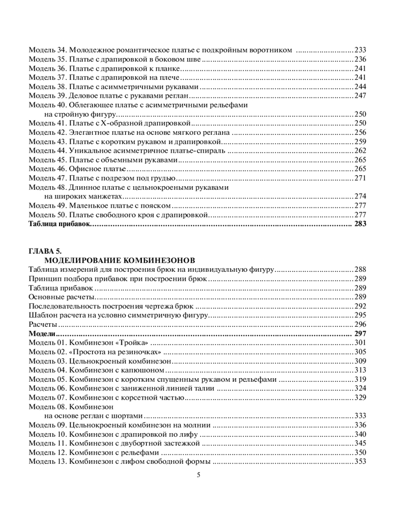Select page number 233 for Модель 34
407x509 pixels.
pos(360,50)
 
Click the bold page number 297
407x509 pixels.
pos(360,334)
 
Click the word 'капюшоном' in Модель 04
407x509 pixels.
pos(146,370)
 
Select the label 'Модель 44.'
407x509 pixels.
pos(47,151)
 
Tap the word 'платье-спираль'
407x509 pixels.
pos(200,151)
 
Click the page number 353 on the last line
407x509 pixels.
pos(360,462)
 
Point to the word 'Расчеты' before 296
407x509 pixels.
pos(43,325)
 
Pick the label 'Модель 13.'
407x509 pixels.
pos(47,462)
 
